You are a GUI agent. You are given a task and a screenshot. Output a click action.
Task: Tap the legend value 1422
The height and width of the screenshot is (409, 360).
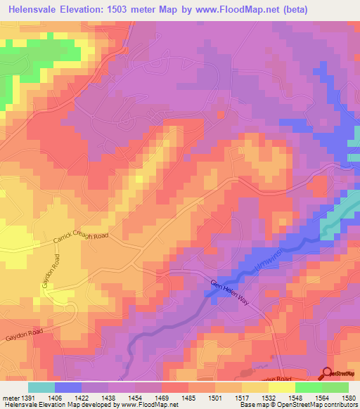(x=83, y=397)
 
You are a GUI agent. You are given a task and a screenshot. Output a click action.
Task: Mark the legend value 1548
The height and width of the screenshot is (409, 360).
(x=295, y=397)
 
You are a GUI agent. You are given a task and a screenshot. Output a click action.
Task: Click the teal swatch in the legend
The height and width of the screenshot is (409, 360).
(x=41, y=387)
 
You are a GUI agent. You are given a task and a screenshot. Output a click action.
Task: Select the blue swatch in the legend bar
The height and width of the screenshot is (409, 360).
(x=68, y=387)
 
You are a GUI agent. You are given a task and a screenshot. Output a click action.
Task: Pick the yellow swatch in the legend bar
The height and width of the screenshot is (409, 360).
(x=282, y=387)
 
